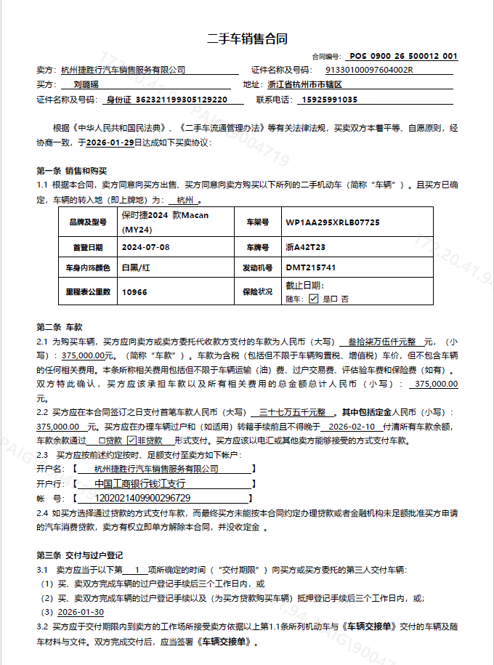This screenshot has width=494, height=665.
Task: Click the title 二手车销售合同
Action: [248, 39]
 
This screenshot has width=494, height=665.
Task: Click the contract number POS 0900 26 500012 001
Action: [403, 56]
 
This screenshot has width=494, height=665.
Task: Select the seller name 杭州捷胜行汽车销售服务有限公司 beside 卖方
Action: [123, 70]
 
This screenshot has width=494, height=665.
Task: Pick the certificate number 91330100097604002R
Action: [369, 70]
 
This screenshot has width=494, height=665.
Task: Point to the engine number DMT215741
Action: [311, 268]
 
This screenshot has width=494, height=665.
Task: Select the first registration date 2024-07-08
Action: [146, 247]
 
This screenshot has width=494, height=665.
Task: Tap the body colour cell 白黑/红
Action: [137, 268]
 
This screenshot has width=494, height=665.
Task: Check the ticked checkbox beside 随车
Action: [313, 298]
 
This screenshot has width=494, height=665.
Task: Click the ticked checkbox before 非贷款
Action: [131, 440]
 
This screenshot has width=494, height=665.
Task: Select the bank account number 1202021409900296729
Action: [142, 498]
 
